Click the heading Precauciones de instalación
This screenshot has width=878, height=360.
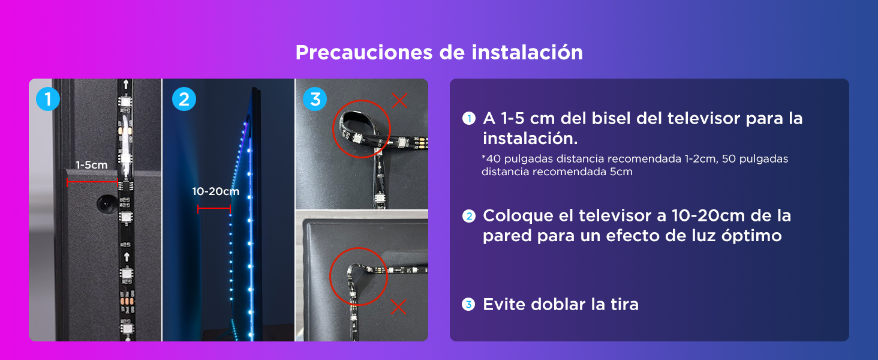439,53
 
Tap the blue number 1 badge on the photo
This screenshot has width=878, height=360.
48,99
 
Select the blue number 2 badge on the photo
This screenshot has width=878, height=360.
184,99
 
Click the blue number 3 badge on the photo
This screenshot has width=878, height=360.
315,99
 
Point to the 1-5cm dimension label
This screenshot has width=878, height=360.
91,165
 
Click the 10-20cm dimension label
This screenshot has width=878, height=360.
215,192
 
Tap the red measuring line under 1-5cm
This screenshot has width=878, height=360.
92,181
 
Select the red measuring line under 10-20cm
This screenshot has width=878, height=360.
214,209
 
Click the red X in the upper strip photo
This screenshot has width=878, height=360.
400,100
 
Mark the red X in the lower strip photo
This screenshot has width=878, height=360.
398,307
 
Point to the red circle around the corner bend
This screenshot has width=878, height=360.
359,277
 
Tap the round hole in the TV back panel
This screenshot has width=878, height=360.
106,204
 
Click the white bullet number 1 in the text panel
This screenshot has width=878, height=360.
469,119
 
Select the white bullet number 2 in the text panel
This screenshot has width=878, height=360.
469,216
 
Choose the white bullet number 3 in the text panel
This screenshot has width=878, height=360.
469,305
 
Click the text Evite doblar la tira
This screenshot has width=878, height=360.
560,304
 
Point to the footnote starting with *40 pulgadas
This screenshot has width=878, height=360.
635,165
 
